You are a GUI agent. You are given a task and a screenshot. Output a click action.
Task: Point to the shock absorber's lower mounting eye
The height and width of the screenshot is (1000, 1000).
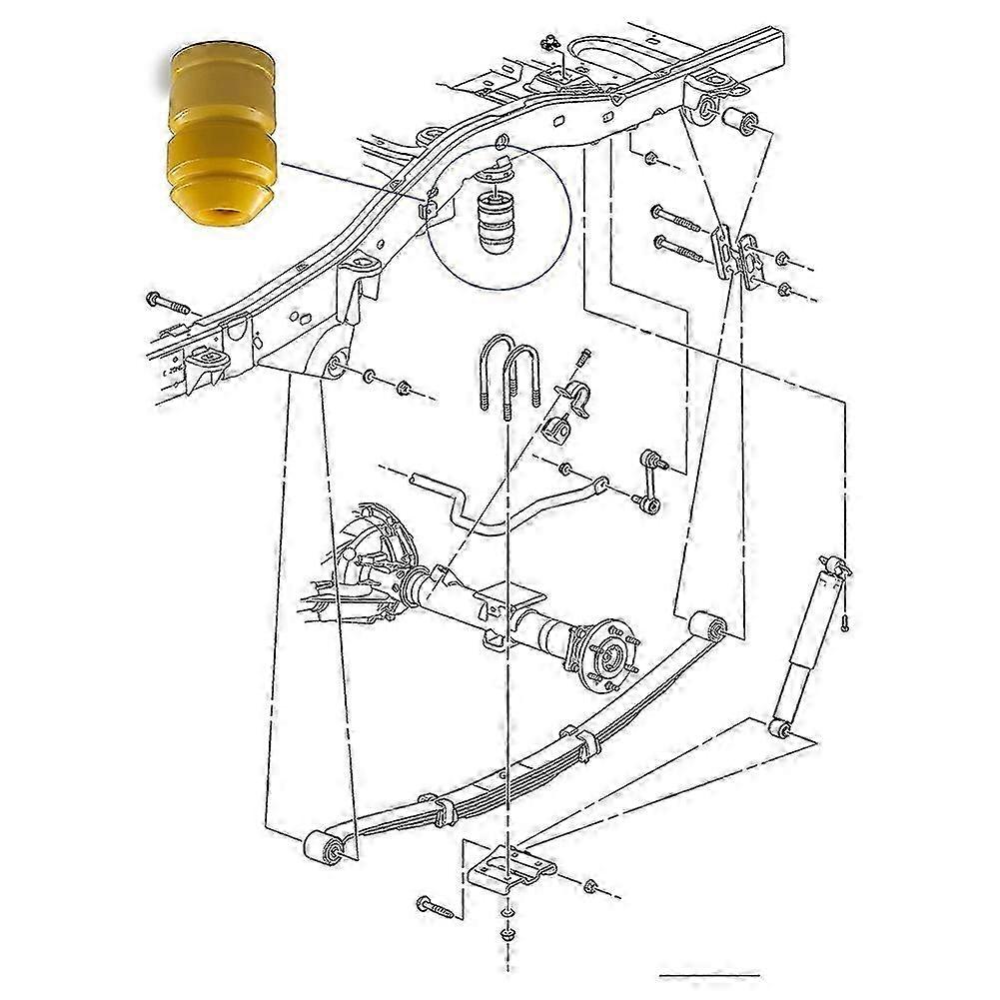(780, 725)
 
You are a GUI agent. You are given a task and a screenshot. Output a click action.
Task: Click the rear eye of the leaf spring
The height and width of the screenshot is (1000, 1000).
(712, 627)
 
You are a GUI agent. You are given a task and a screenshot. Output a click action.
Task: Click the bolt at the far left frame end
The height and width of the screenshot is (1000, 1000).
(164, 301)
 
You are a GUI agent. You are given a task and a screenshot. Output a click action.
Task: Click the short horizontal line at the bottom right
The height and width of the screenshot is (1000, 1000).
(708, 974)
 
